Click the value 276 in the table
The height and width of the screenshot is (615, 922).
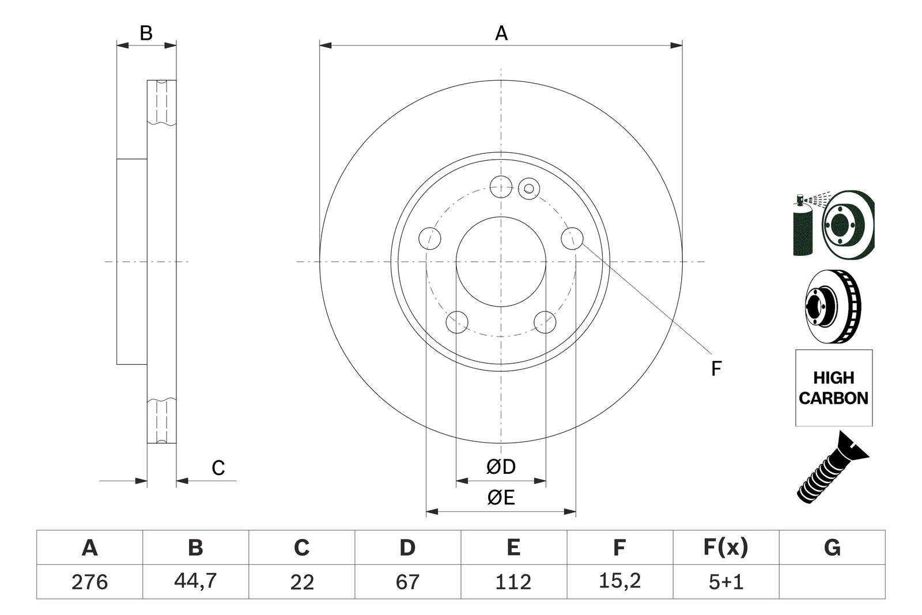89,582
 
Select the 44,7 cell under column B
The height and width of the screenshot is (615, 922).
195,581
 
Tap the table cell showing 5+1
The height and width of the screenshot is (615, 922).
725,582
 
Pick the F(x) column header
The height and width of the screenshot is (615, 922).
725,547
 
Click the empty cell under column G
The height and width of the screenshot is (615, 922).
832,582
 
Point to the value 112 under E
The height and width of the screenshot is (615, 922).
513,582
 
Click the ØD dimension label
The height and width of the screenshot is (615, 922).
500,467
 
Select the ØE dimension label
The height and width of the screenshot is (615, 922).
500,497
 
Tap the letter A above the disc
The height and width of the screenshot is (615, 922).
501,33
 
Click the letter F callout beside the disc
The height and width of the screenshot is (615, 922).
716,368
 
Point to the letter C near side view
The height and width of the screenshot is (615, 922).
218,468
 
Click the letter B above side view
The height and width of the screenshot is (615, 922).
146,33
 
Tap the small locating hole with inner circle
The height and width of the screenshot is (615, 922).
528,187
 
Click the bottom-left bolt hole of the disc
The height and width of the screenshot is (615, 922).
458,322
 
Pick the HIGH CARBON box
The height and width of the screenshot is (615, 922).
833,388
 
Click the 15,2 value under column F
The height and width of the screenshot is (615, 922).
619,581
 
